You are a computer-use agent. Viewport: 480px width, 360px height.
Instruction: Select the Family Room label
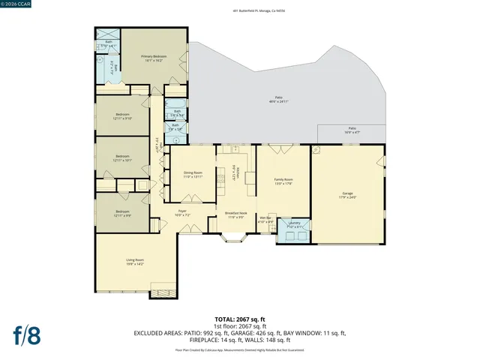[x=283, y=181]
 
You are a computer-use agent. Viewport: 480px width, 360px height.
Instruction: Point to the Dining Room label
[x=193, y=174]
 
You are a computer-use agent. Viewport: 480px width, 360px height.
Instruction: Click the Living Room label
[x=135, y=262]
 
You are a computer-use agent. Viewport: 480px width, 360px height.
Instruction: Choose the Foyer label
[x=182, y=214]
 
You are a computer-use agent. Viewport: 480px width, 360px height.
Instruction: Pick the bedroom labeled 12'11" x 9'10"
[x=123, y=116]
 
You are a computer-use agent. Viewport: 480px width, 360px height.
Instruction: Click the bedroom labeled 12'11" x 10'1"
[x=123, y=158]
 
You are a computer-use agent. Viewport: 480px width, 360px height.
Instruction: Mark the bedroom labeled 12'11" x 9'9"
[x=123, y=214]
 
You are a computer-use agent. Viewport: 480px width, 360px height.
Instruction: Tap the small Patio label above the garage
[x=352, y=130]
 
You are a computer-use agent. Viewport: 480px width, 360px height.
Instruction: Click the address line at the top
[x=240, y=11]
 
